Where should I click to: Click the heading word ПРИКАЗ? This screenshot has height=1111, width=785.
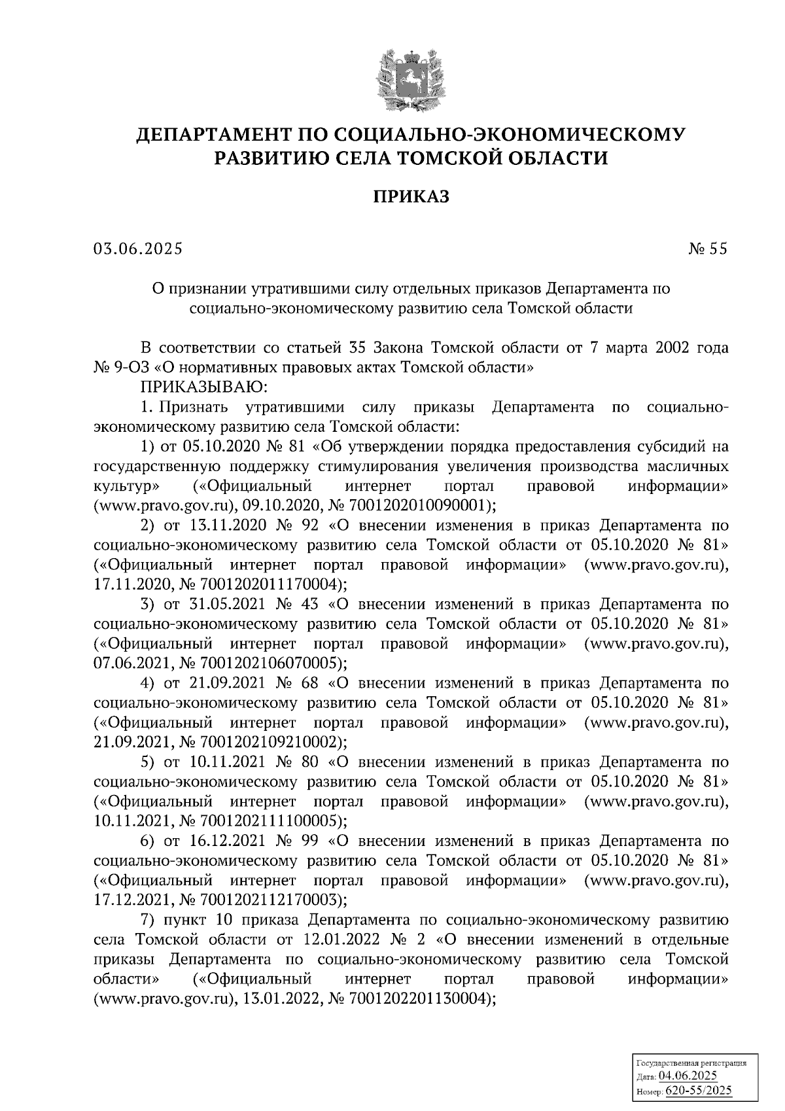coord(411,196)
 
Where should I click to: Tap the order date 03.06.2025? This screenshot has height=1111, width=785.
coord(138,249)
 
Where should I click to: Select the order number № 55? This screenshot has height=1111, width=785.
coord(708,249)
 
